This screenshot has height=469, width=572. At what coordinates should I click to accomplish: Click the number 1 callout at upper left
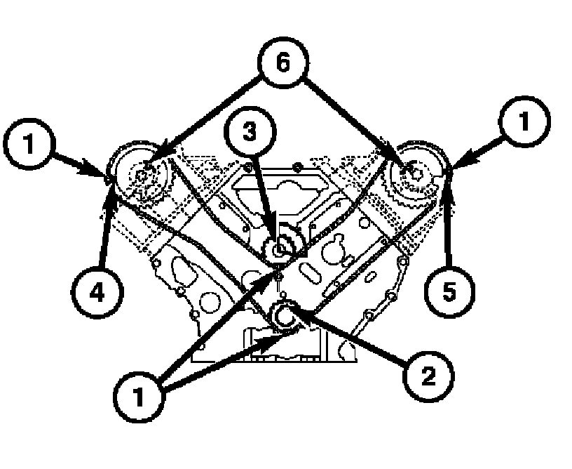pyautogui.click(x=27, y=145)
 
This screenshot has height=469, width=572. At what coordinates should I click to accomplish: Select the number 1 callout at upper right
pyautogui.click(x=524, y=124)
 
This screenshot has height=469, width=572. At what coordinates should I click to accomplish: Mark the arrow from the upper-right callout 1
pyautogui.click(x=479, y=152)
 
